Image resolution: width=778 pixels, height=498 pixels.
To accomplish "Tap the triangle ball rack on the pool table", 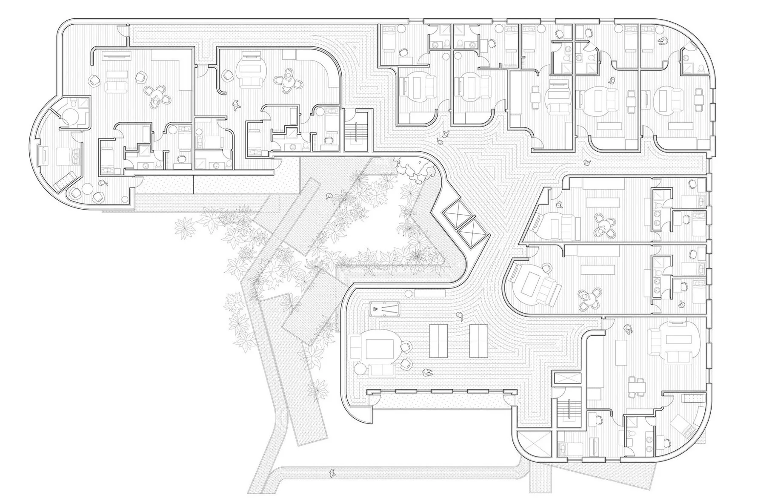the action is [x=376, y=308].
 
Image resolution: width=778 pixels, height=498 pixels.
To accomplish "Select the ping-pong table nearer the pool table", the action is [x=438, y=341].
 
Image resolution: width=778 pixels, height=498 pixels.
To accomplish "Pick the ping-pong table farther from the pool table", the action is [x=479, y=341].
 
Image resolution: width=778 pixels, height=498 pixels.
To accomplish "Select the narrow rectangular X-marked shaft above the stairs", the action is [x=565, y=379].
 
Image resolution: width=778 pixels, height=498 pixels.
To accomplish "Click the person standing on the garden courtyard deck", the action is [x=329, y=196].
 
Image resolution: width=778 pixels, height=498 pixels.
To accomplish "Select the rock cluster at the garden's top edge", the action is [x=415, y=170].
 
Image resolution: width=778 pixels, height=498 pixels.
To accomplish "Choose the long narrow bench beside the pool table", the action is [x=429, y=294].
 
